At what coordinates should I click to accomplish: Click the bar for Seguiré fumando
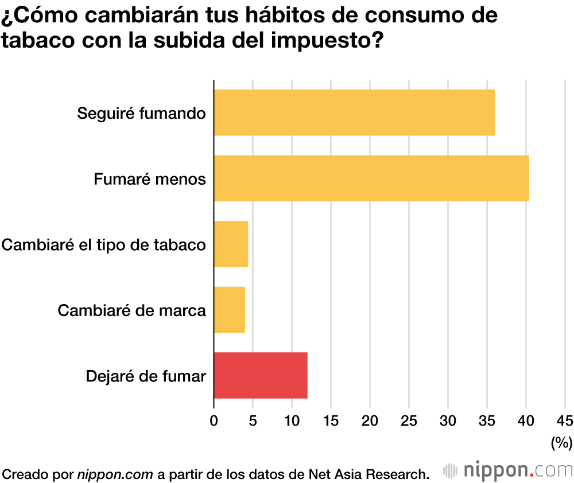(x=354, y=112)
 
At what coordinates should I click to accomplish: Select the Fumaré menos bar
(x=371, y=178)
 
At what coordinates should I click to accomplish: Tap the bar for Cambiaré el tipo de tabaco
(x=231, y=244)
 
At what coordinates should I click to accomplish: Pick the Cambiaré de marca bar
(x=230, y=310)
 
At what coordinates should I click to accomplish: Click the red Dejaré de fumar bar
(x=261, y=376)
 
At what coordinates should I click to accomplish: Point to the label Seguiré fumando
(x=141, y=114)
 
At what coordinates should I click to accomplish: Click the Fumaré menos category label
(x=149, y=180)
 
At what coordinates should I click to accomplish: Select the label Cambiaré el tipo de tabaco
(x=104, y=245)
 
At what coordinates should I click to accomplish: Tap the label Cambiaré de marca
(x=131, y=311)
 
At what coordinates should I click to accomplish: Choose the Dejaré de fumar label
(x=145, y=377)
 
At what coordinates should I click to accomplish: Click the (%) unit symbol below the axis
(x=561, y=442)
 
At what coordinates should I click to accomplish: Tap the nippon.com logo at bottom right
(x=508, y=470)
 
